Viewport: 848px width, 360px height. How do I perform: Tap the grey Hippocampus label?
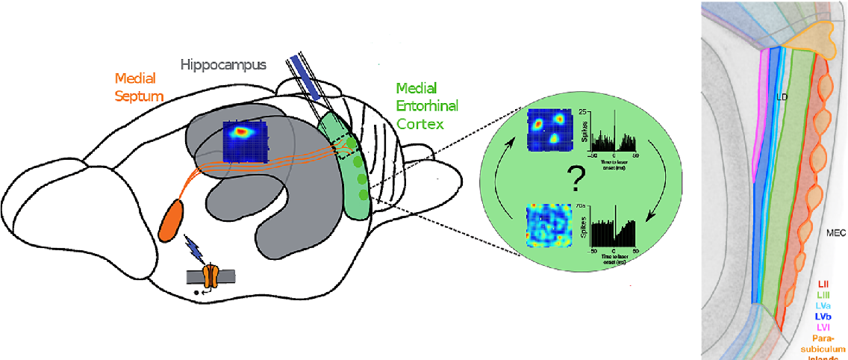[223, 64]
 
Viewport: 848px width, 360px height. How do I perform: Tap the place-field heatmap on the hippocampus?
[245, 141]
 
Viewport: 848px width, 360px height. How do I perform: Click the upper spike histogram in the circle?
[614, 127]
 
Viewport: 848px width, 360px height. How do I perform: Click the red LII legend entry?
[824, 284]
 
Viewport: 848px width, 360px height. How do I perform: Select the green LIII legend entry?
[824, 295]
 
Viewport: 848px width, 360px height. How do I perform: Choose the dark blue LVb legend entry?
[824, 316]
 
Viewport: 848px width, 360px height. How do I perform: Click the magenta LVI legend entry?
[824, 326]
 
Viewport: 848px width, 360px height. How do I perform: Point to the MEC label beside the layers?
[835, 233]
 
